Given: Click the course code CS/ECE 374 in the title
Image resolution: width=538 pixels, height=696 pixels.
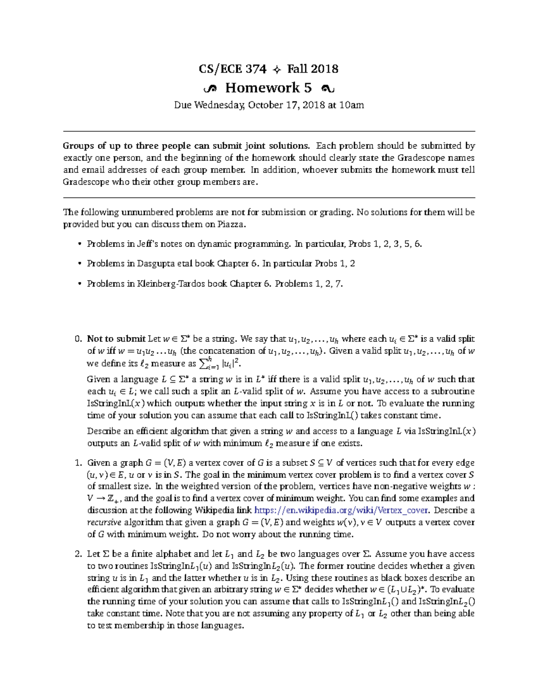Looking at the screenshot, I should click(233, 69).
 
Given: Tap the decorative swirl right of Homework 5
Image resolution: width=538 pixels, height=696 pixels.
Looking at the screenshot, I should click(327, 89).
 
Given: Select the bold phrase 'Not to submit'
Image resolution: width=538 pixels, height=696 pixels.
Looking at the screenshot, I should click(116, 339).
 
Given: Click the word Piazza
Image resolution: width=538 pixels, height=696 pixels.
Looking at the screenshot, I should click(231, 224).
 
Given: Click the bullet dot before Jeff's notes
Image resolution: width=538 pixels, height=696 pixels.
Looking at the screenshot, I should click(80, 244).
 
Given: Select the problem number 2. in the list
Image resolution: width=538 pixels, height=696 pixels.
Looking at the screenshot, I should click(78, 554).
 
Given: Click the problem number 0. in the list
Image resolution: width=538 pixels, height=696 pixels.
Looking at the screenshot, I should click(78, 339).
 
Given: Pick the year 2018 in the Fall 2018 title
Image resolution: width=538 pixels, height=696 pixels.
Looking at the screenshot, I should click(325, 69).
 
